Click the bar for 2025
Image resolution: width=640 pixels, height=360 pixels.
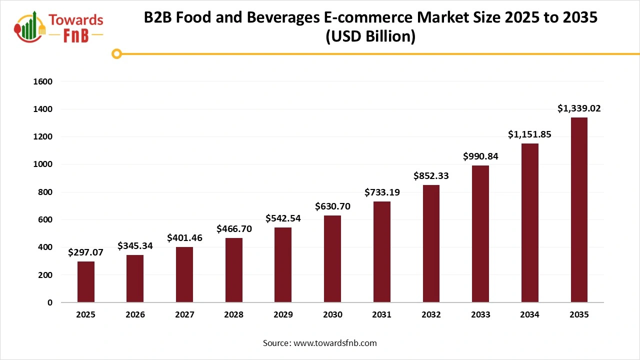click(86, 281)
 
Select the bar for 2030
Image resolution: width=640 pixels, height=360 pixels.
click(332, 258)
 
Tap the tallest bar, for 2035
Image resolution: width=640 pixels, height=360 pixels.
click(579, 210)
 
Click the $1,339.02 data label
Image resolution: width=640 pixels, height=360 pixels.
click(579, 108)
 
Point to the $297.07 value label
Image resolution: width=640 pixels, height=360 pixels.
click(86, 252)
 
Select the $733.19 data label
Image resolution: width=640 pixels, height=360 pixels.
click(382, 192)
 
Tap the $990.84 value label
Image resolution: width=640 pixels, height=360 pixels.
click(480, 156)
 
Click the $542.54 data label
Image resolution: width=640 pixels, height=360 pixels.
click(283, 218)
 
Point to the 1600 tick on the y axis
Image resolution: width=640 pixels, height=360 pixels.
click(43, 81)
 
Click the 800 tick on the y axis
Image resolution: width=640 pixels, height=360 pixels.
click(45, 192)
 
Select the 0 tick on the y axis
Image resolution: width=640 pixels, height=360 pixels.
click(50, 302)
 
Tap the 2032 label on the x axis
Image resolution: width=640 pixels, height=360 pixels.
click(431, 315)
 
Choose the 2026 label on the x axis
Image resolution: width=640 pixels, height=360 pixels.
click(135, 315)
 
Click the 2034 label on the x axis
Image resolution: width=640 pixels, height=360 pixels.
click(529, 315)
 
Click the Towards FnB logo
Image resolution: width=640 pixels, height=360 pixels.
click(59, 26)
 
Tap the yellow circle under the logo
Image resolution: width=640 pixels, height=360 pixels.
click(117, 53)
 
